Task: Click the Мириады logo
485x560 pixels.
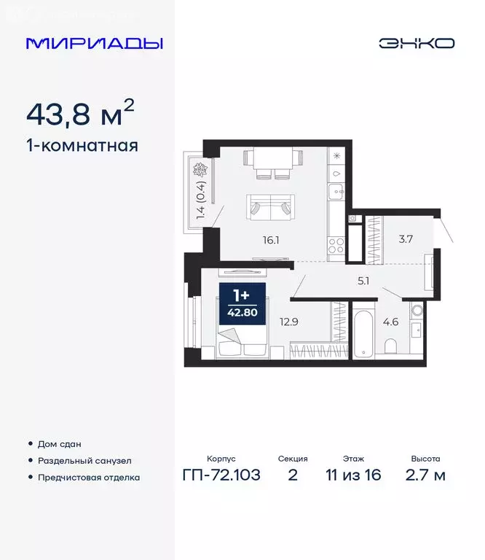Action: pyautogui.click(x=95, y=43)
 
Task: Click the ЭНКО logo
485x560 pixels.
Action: pyautogui.click(x=416, y=43)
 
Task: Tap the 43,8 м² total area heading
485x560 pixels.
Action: pyautogui.click(x=80, y=114)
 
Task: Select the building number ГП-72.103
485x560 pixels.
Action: pyautogui.click(x=221, y=476)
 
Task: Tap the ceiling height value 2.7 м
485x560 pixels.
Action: pyautogui.click(x=425, y=476)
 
